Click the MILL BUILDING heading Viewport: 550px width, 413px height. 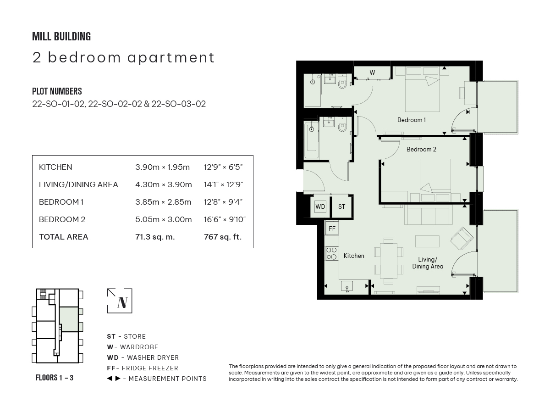point(61,37)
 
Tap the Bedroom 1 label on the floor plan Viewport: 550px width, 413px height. point(411,120)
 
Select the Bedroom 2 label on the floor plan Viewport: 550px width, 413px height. point(421,149)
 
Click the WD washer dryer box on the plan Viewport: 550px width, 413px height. point(320,206)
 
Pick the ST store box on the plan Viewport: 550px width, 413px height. point(341,206)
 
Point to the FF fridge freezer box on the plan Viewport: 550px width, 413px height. point(332,228)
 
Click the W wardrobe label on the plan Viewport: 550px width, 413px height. point(372,73)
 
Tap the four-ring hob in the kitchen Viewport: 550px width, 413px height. point(331,253)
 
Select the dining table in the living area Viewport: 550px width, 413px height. point(388,260)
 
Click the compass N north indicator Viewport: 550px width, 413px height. point(120,301)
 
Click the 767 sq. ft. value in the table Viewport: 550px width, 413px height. point(222,237)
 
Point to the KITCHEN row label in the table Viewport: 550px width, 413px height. point(55,167)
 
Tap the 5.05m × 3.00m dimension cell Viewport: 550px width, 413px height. point(163,219)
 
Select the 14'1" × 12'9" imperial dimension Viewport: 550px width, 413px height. point(223,184)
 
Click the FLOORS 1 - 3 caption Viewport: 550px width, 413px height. point(55,378)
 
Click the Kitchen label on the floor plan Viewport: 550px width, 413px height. point(354,256)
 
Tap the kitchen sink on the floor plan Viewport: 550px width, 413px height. point(347,286)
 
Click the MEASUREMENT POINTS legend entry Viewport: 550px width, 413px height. point(157,379)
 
